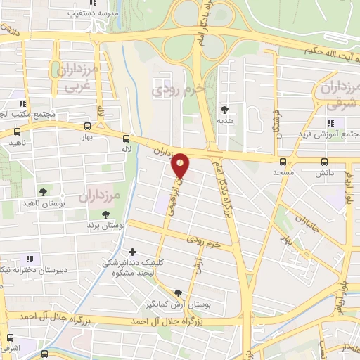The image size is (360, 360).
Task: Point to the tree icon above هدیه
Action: click(224, 110)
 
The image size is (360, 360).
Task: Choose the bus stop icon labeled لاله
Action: click(126, 139)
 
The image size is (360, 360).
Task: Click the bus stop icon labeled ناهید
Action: click(18, 131)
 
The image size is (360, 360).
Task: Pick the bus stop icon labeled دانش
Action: click(323, 160)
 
